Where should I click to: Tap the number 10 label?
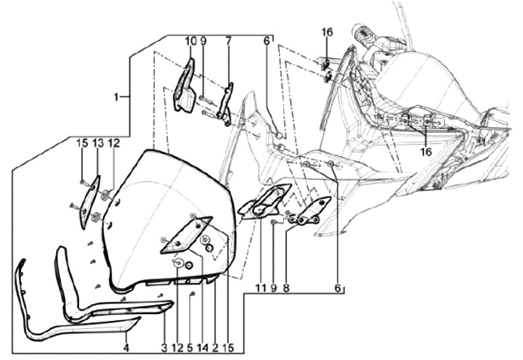point(190,41)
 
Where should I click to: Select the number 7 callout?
point(228,41)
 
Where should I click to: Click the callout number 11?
point(259,288)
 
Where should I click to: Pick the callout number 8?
point(286,288)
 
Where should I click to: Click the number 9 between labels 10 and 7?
point(204,41)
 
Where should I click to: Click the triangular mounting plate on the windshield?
point(186,234)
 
